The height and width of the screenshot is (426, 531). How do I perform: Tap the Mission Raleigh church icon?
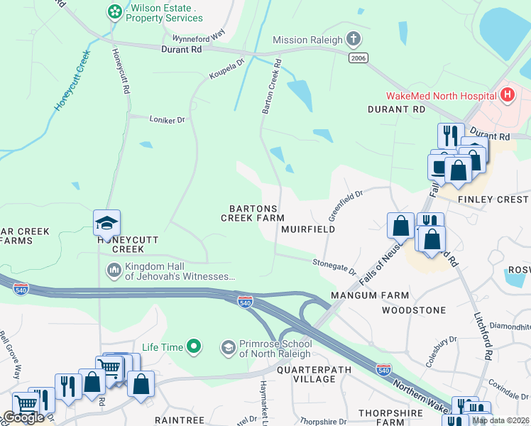(x=354, y=40)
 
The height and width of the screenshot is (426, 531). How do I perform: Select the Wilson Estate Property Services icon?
(x=114, y=11)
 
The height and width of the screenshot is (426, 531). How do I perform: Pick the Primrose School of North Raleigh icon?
(x=229, y=347)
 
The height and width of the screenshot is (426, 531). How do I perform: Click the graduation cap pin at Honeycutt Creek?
(x=106, y=223)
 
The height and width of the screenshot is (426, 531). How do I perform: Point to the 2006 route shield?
(x=358, y=58)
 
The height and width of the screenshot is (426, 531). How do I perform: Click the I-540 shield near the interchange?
(x=245, y=302)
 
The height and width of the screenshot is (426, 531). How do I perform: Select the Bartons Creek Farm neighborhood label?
(x=252, y=213)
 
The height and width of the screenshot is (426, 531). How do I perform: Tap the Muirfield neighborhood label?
(x=307, y=230)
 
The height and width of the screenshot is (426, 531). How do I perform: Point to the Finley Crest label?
(x=493, y=200)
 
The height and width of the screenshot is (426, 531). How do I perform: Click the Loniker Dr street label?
(x=167, y=120)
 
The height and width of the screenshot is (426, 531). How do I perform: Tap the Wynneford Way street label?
(x=198, y=34)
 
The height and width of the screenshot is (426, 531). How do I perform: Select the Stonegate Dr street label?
(x=334, y=266)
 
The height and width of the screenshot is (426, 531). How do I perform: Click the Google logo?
(x=23, y=417)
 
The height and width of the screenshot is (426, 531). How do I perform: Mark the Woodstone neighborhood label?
(x=413, y=310)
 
